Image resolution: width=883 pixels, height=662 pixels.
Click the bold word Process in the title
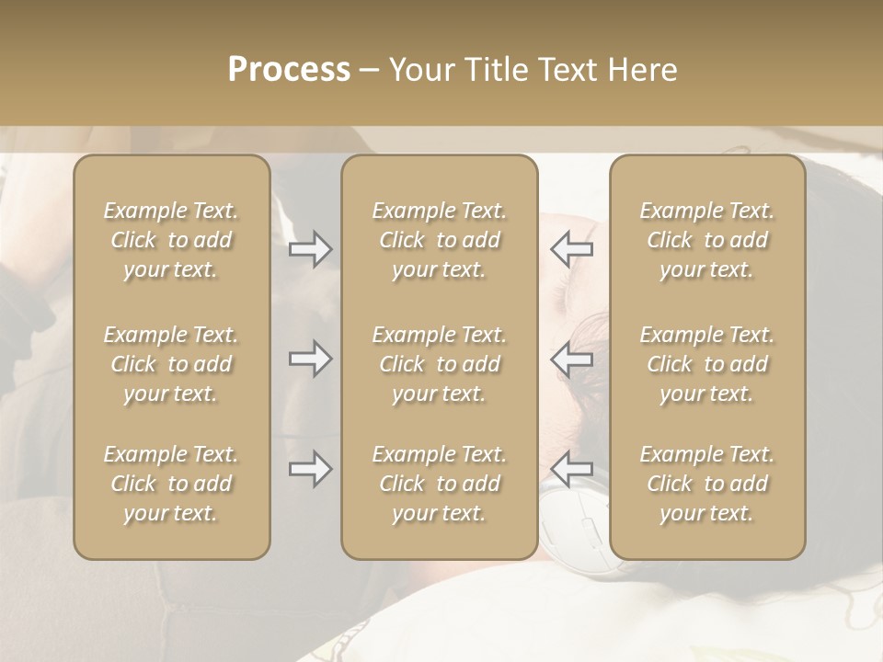289,70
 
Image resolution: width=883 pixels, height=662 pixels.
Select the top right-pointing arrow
311,249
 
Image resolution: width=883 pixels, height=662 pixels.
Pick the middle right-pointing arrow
311,359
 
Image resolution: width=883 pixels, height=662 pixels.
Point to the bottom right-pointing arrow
311,469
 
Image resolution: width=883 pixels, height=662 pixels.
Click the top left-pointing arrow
571,249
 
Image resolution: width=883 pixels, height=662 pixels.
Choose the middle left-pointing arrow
571,359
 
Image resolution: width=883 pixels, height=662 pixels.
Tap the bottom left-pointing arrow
571,469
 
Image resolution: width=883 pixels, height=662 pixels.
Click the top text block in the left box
171,240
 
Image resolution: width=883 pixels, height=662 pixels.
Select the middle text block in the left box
171,364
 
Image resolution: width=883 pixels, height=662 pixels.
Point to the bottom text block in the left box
171,484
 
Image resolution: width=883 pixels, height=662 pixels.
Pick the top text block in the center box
439,240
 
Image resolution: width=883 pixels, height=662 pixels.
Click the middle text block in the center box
439,364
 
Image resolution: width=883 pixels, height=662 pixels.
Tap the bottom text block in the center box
439,484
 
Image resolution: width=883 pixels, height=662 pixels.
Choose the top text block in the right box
707,240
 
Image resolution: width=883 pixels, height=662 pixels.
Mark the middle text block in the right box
707,364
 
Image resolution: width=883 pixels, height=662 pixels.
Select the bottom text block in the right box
707,484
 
